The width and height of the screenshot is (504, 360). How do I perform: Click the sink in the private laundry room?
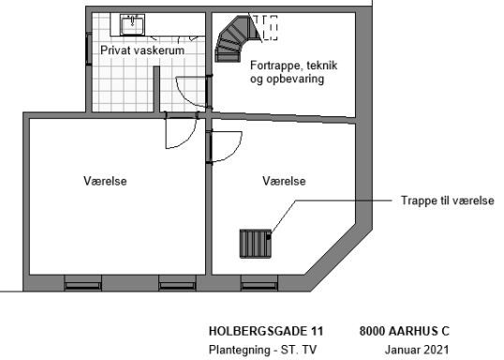(x=132, y=24)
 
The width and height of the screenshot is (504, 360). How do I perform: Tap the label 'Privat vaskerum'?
(x=142, y=51)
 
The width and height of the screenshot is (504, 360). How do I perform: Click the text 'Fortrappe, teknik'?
(x=293, y=66)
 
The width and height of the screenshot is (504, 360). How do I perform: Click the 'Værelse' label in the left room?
(x=105, y=181)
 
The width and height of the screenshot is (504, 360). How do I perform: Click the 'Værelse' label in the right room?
(x=284, y=181)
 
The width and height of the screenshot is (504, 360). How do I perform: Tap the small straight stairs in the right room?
(x=256, y=244)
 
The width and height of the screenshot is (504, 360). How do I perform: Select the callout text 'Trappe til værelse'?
(x=448, y=201)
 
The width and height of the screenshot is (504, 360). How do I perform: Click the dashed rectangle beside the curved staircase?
(x=270, y=28)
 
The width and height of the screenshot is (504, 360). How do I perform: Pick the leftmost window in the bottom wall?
(x=83, y=285)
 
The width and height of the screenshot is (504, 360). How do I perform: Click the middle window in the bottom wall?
(x=177, y=285)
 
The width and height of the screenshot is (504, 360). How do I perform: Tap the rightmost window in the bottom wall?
(x=259, y=285)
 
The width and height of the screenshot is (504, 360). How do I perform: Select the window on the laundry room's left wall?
(x=88, y=49)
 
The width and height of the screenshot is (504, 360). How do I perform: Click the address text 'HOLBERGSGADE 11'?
(x=266, y=331)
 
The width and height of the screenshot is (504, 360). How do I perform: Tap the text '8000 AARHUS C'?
(x=405, y=331)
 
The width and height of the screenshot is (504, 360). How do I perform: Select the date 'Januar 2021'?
(x=417, y=350)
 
